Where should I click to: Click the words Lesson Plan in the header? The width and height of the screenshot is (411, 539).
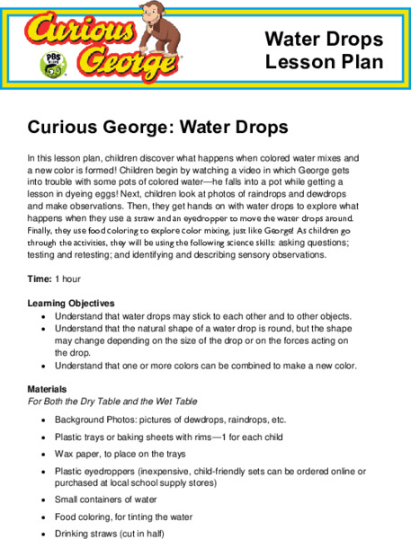(324, 62)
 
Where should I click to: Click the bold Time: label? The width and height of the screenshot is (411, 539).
(39, 279)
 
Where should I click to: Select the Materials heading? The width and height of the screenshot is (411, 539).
(48, 389)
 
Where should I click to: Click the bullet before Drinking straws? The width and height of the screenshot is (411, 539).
(44, 533)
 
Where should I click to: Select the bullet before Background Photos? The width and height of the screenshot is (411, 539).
(44, 420)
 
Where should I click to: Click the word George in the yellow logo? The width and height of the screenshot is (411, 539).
(116, 63)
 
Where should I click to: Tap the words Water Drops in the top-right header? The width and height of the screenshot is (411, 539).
(324, 40)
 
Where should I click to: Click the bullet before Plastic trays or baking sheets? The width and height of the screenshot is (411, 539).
(44, 437)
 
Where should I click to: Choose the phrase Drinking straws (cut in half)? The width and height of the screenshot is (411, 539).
(116, 533)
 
